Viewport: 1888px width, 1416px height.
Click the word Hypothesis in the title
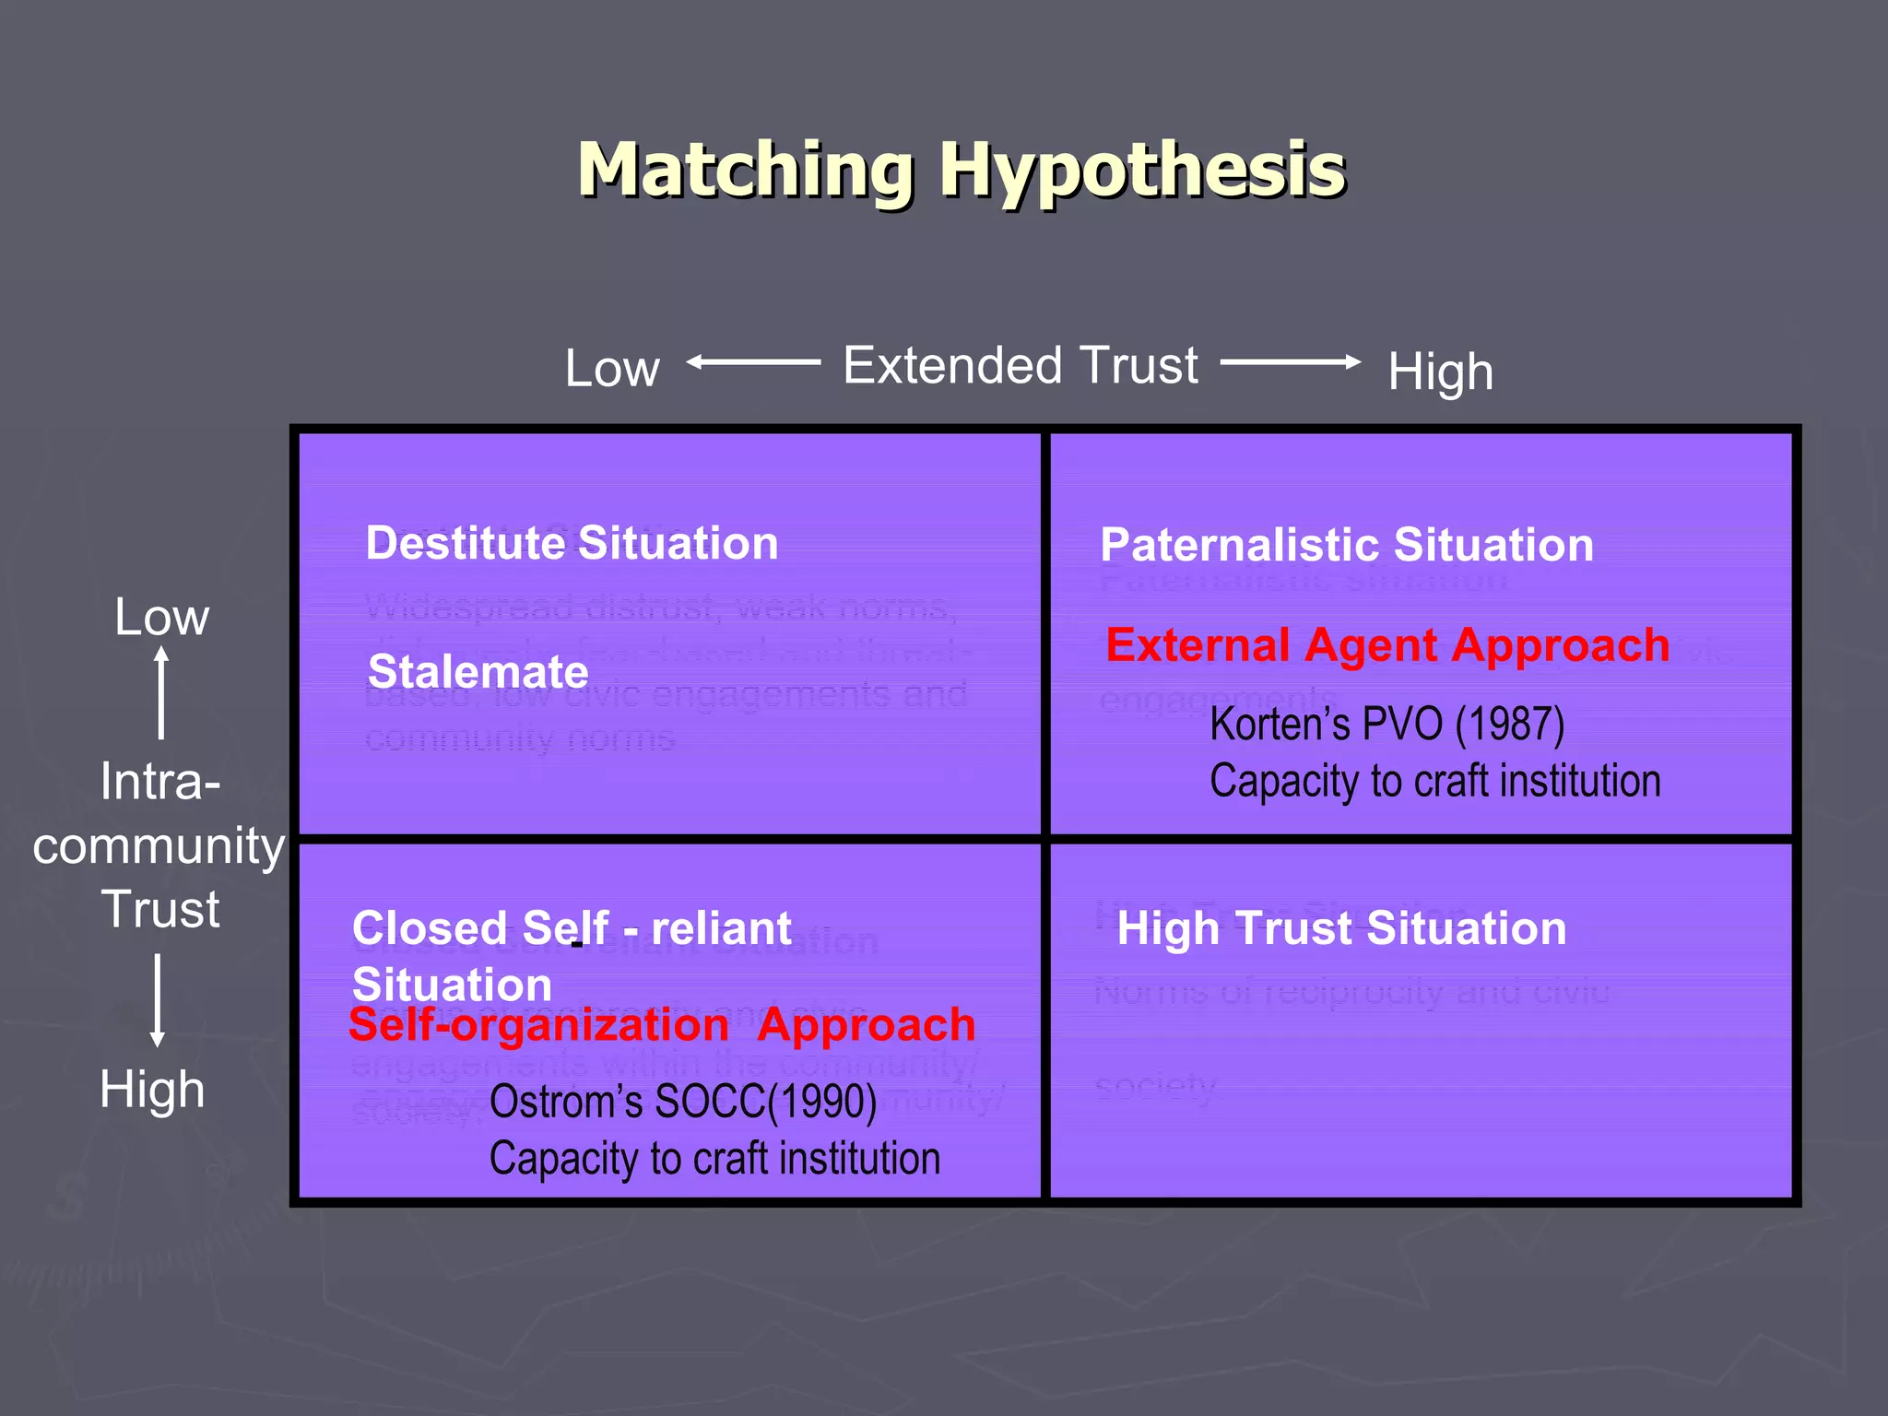(x=1143, y=171)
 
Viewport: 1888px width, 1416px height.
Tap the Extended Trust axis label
(x=1021, y=365)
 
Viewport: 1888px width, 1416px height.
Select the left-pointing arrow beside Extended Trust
(x=753, y=362)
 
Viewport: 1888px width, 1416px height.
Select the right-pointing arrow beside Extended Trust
(x=1291, y=362)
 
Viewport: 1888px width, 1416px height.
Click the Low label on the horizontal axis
(x=612, y=369)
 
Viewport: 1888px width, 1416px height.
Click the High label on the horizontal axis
(x=1440, y=372)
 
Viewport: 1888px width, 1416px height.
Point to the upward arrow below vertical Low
(x=161, y=691)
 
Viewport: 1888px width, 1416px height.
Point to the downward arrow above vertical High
(x=158, y=1000)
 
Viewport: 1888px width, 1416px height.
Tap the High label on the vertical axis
(x=152, y=1090)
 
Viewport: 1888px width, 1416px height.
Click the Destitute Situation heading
(x=572, y=543)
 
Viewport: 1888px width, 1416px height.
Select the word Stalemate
(x=478, y=671)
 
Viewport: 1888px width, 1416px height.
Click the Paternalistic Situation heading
(x=1346, y=545)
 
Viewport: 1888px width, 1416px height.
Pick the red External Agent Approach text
(x=1387, y=645)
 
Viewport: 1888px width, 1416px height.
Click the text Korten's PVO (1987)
(x=1386, y=724)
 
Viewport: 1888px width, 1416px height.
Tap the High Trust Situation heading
(x=1341, y=928)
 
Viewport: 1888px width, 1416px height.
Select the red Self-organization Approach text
(x=662, y=1025)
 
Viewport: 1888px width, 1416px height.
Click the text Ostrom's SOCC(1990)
(x=682, y=1102)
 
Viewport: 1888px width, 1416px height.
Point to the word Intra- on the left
(x=160, y=782)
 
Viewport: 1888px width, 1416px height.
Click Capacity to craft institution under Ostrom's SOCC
(x=714, y=1159)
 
